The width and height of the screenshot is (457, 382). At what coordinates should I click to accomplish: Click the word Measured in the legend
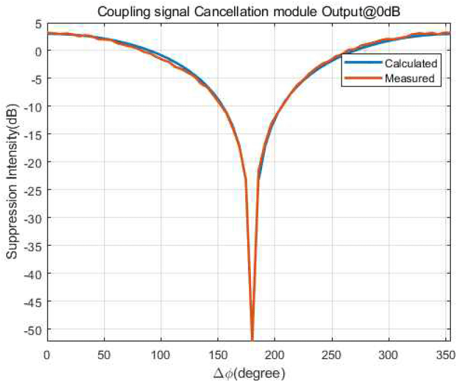(410, 79)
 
